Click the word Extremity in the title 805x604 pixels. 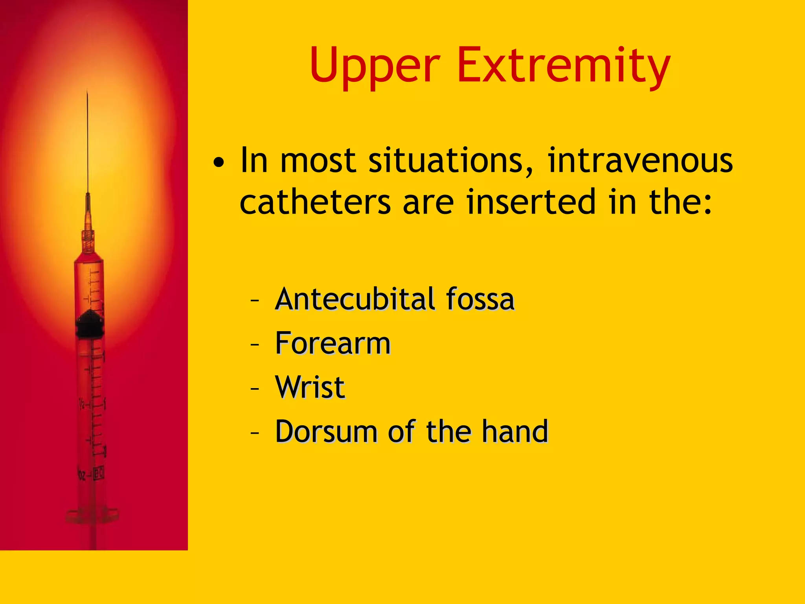click(563, 66)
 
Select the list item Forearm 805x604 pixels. click(333, 343)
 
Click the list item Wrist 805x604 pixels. click(310, 387)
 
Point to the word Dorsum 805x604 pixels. click(326, 432)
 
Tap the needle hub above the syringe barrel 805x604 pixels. click(88, 240)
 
